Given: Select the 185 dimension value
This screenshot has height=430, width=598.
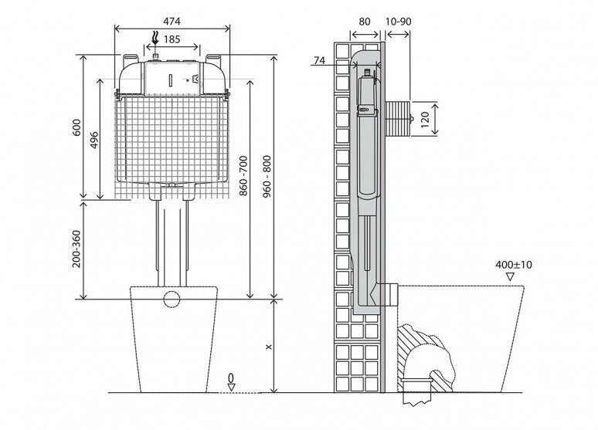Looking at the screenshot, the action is coord(172,38).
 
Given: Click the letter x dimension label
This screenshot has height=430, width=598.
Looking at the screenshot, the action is coord(267,347).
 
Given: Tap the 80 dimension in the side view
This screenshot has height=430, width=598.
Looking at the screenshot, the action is coord(365,21).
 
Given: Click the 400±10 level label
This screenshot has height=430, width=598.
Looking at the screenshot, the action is coord(514,264).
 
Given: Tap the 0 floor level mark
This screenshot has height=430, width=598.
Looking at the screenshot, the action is coord(230,378).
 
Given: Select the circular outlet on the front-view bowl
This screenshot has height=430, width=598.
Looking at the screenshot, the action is coord(172,299).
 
